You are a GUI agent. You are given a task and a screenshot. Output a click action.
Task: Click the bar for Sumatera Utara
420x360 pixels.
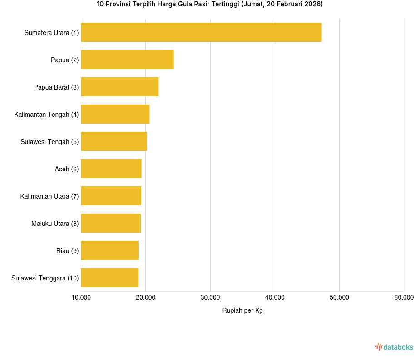201,32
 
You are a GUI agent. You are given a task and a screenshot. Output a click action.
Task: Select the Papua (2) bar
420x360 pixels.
127,60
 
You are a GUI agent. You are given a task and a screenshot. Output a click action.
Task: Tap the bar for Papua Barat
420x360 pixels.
120,87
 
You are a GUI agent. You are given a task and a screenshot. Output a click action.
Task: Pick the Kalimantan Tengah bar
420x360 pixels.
115,114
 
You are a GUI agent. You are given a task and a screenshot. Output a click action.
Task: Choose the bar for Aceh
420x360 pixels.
111,169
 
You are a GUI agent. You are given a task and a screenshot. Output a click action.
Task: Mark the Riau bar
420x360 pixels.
110,250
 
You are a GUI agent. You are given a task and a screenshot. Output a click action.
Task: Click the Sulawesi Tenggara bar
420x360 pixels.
109,278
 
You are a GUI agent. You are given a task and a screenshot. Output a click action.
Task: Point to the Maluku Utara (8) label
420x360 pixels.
55,224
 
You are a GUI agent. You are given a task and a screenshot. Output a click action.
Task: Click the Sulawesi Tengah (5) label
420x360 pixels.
49,142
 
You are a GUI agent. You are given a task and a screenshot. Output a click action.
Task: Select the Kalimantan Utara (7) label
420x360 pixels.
49,196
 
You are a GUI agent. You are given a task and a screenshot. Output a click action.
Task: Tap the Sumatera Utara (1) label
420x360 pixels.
51,33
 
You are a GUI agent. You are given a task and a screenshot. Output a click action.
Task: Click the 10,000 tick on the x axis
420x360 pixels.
81,298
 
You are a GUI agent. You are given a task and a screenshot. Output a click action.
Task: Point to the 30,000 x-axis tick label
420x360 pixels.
210,298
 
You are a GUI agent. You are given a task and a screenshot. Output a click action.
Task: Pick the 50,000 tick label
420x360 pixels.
339,298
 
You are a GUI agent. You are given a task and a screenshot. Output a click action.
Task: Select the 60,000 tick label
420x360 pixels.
404,298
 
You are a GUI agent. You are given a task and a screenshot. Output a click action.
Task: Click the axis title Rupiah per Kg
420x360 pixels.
242,311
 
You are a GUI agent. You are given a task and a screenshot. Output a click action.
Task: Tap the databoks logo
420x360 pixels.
394,347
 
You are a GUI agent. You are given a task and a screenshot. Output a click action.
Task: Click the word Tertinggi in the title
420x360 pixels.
226,4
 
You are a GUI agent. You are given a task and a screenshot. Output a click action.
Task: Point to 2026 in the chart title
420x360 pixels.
311,4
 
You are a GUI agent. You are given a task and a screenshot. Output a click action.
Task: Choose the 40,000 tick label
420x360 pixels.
275,298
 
